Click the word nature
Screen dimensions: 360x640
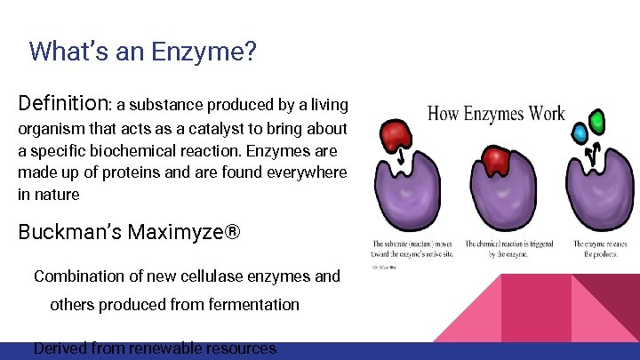[x=60, y=194]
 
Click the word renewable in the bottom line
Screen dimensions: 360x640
[x=160, y=348]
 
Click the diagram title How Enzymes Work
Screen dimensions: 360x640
[x=496, y=114]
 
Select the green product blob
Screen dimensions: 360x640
[x=597, y=120]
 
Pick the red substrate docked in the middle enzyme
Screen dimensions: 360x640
[x=493, y=162]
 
